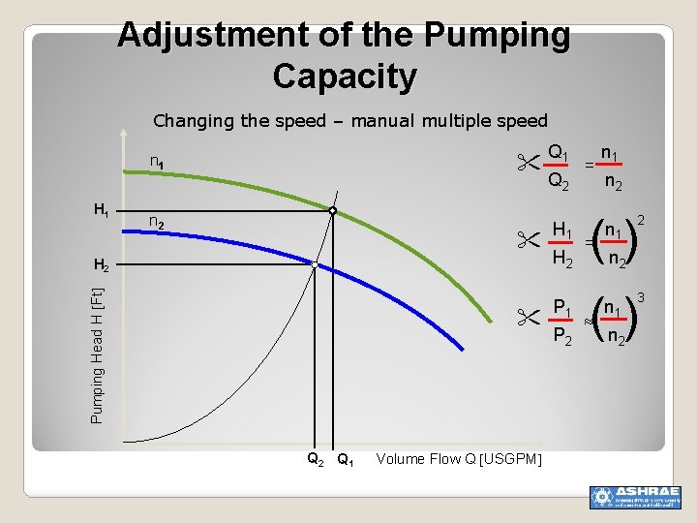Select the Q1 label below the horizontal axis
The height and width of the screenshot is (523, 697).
coord(344,460)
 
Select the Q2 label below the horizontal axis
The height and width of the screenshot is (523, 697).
coord(315,460)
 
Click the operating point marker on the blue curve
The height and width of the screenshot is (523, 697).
coord(315,263)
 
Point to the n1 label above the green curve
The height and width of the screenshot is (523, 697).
coord(156,162)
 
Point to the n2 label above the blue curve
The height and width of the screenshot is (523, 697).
coord(157,222)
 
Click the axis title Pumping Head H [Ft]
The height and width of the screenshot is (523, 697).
coord(97,354)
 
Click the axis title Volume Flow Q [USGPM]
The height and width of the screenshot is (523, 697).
coord(459,459)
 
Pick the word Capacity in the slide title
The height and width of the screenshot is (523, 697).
coord(345,76)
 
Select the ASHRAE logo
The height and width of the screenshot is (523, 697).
coord(635,496)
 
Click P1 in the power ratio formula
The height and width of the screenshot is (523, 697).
coord(561,309)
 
